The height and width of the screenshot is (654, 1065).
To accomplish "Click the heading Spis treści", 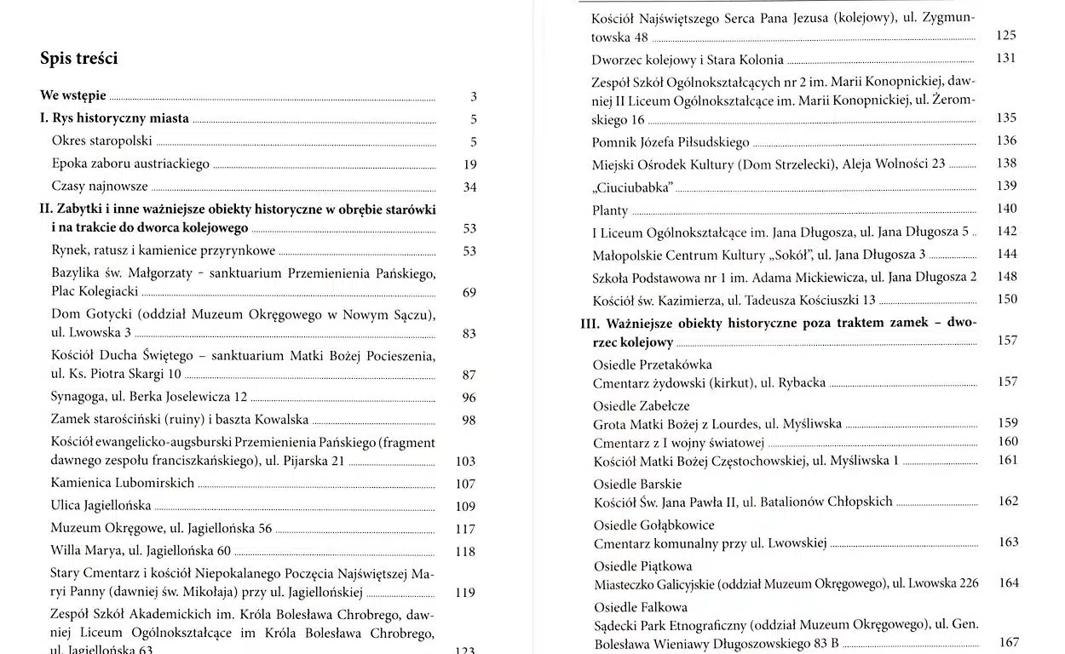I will click(x=78, y=58).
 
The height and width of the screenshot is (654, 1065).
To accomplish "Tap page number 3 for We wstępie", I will click(x=474, y=97).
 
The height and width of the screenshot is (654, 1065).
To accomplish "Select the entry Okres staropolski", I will click(x=101, y=141).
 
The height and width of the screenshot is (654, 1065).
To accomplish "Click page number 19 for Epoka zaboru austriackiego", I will click(x=470, y=164).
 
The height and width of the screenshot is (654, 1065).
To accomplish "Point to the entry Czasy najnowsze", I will click(x=100, y=186).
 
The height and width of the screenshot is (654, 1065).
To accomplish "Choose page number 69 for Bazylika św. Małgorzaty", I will click(x=469, y=293).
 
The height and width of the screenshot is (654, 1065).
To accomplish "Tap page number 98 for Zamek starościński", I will click(x=469, y=420).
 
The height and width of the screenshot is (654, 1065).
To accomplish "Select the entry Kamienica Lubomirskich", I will click(x=122, y=483).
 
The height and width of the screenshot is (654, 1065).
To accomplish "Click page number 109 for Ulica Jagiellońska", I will click(x=465, y=506).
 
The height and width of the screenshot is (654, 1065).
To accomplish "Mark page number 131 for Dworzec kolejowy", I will click(x=1006, y=59).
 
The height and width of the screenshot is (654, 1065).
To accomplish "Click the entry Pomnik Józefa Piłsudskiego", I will click(x=671, y=141).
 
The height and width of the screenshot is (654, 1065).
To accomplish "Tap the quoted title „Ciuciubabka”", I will click(x=632, y=186).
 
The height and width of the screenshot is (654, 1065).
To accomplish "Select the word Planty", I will click(x=610, y=209).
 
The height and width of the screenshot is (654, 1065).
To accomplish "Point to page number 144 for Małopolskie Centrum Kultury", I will click(x=1006, y=254).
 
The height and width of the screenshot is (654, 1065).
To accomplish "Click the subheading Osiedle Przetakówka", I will click(x=653, y=364).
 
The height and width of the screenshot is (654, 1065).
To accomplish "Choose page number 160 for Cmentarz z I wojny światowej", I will click(x=1008, y=441).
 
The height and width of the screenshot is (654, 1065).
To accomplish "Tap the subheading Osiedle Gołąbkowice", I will click(x=653, y=525).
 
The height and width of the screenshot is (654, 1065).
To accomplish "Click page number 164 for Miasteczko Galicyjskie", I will click(x=1009, y=583).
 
